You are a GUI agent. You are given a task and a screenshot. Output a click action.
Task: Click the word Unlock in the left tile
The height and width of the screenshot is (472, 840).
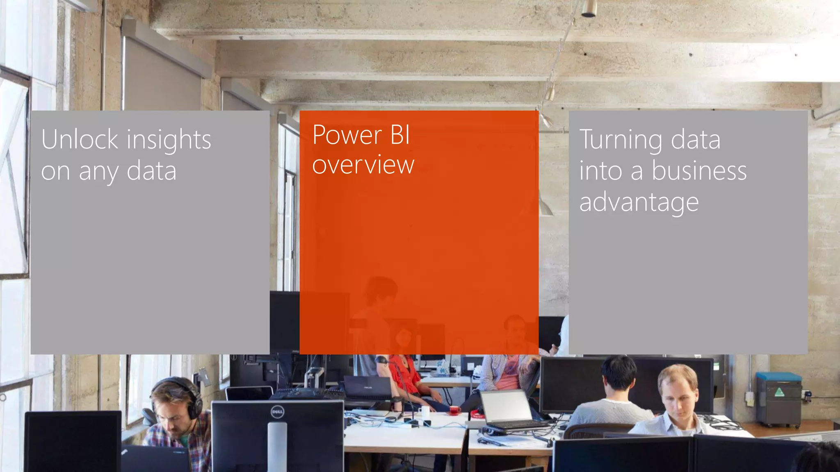click(80, 140)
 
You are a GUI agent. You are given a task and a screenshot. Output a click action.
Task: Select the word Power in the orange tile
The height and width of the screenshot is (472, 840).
click(347, 135)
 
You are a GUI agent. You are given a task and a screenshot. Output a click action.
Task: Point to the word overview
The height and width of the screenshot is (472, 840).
click(363, 165)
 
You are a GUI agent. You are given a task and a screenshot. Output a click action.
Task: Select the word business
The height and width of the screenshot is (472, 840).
click(699, 171)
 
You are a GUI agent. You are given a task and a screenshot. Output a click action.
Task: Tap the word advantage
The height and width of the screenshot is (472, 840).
click(639, 203)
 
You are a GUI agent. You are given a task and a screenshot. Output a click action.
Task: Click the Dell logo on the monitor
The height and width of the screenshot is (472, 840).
click(277, 411)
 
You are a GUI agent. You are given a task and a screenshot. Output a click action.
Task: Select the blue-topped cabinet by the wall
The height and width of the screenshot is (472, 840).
click(778, 399)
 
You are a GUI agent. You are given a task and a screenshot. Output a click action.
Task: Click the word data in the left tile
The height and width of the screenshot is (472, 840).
click(151, 171)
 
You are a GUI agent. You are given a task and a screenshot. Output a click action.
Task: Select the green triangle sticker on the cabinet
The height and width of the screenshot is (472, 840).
click(779, 393)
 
